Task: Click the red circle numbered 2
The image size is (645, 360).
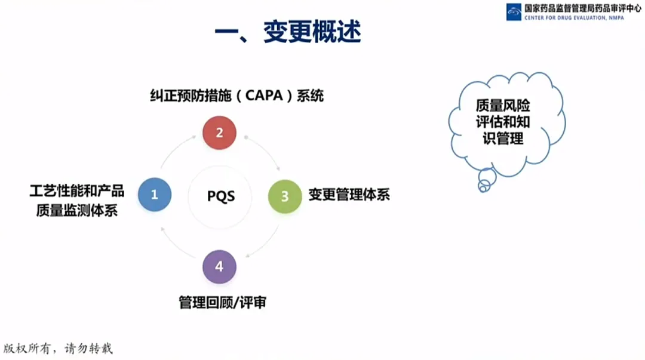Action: point(219,133)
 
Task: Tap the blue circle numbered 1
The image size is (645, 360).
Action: point(155,194)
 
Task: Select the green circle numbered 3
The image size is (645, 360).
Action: point(285,196)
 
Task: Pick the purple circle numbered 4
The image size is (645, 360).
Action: point(219,267)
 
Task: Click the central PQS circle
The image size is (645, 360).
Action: point(220,196)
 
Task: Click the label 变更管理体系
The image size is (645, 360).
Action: point(349,195)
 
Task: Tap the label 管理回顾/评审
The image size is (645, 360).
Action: point(222,303)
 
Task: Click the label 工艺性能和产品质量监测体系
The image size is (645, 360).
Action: point(76,201)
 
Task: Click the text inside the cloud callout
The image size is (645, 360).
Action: point(503,122)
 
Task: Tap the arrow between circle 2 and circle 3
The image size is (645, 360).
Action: point(263,153)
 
